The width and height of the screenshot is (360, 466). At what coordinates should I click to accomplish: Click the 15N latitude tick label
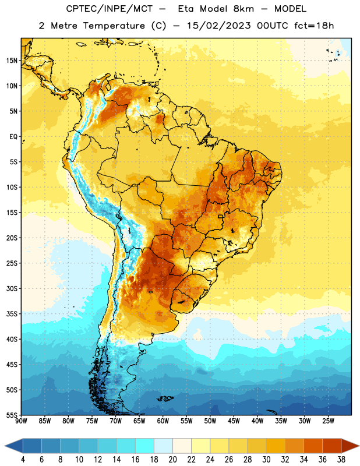point(12,61)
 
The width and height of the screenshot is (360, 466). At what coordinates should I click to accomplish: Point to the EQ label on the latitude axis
point(13,137)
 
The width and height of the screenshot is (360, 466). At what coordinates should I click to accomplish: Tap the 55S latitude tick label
point(12,415)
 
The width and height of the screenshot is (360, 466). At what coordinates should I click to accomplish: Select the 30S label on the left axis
point(12,288)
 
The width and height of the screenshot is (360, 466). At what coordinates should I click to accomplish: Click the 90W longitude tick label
point(22,421)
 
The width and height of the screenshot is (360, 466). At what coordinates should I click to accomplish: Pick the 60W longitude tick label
point(163,421)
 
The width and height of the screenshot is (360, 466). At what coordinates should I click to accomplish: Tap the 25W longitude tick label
point(328,421)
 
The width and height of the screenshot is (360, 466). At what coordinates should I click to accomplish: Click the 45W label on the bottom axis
point(234,421)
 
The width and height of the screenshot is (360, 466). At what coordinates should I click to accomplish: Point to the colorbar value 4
point(23,460)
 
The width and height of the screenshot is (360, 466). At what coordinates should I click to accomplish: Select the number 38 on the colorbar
point(341,460)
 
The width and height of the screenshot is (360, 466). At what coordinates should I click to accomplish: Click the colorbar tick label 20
point(172,460)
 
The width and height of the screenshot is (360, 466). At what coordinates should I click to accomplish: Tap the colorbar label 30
point(266,460)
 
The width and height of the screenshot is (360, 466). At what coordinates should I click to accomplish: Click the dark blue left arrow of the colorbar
point(14,446)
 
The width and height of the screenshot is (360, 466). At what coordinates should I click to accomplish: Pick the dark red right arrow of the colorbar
point(350,446)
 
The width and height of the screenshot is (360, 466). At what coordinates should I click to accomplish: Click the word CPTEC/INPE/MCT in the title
point(109,9)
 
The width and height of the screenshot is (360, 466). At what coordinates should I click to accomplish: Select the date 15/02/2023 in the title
point(219,26)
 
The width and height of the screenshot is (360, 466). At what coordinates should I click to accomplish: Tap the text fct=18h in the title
point(314,26)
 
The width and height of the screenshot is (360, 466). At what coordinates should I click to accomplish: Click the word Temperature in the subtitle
point(114,26)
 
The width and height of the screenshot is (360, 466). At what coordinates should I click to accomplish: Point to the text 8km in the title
point(243,9)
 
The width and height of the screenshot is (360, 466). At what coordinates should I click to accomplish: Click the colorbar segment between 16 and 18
point(144,446)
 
